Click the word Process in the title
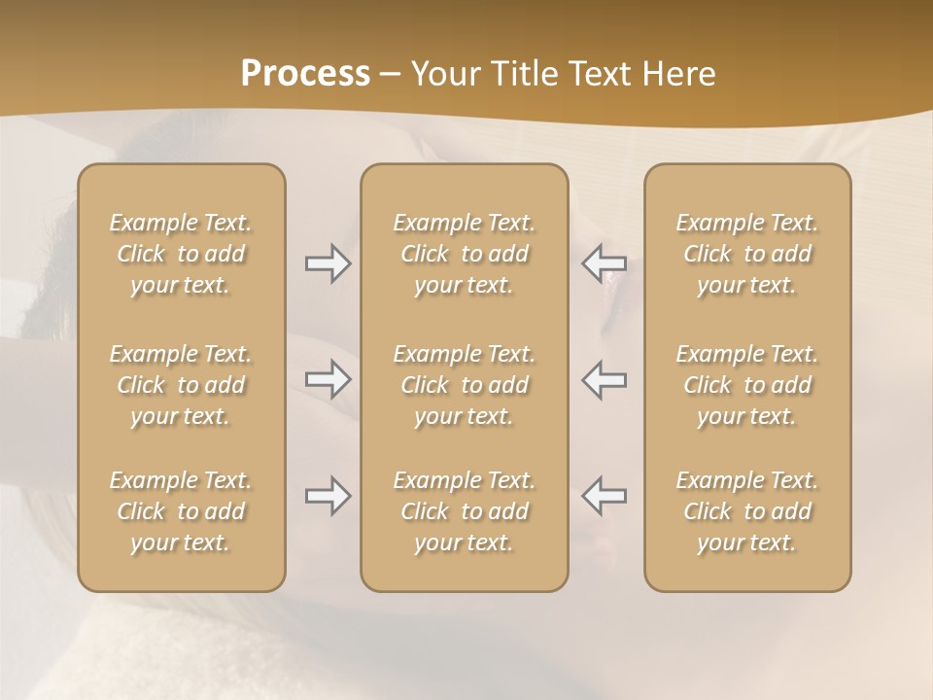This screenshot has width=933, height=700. (305, 74)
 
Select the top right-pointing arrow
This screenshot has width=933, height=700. (328, 263)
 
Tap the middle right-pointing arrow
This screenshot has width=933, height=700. (328, 379)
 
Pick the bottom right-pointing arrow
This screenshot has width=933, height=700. (328, 496)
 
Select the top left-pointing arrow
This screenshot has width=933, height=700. (604, 263)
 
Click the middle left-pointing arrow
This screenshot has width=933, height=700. (604, 379)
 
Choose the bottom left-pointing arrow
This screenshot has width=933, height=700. (604, 496)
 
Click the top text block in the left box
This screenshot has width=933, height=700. (181, 254)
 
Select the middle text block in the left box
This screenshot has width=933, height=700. (181, 385)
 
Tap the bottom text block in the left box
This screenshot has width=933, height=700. (181, 511)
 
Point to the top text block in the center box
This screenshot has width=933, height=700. (464, 254)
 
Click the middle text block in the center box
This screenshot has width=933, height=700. (464, 385)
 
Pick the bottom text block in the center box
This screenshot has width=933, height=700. (464, 511)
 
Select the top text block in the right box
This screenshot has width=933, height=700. (747, 254)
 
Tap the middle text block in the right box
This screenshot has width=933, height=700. (747, 385)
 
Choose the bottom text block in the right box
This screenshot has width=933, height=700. (747, 511)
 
